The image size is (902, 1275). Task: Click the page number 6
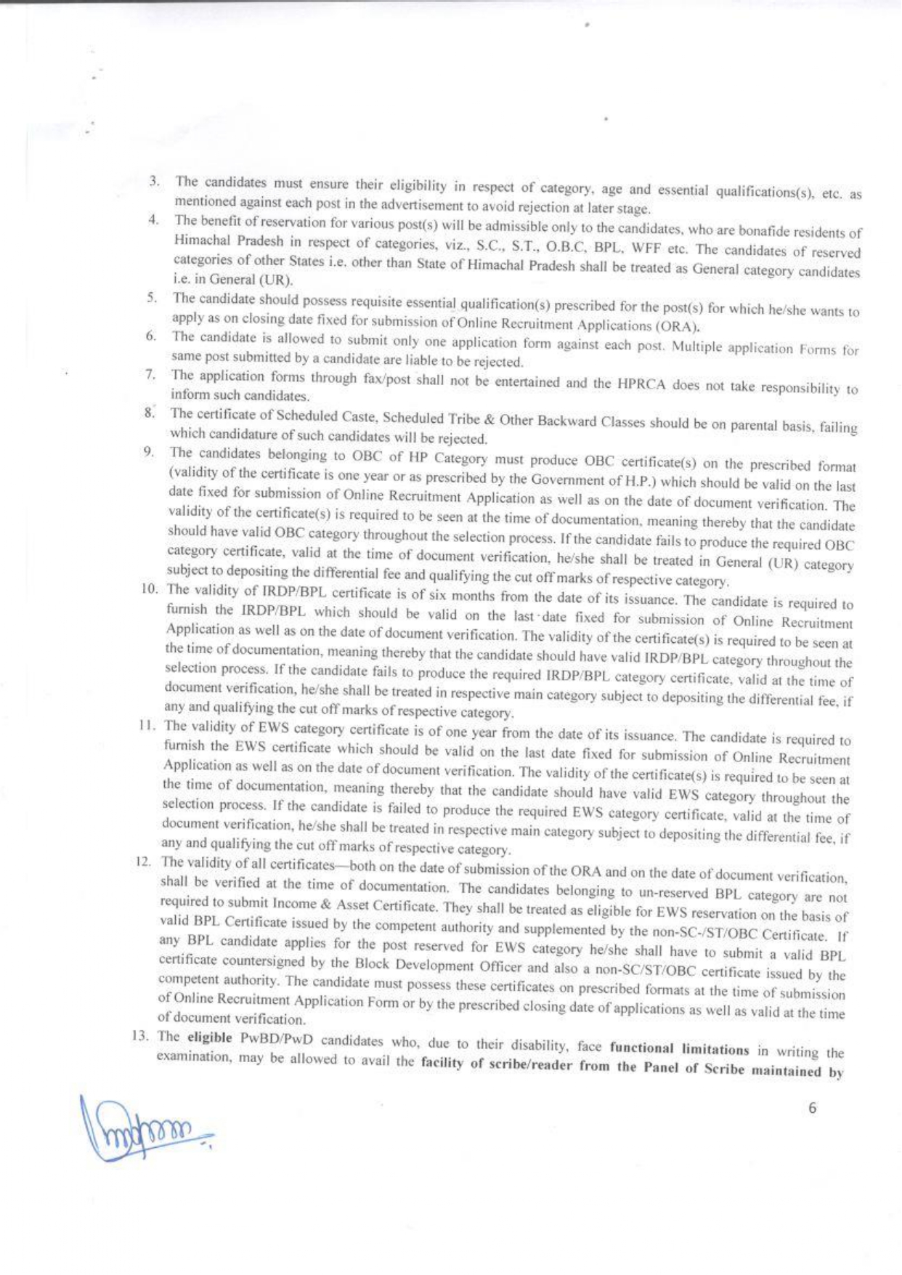tap(812, 1108)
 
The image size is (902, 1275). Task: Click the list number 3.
tap(154, 180)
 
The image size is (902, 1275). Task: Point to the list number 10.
tap(150, 588)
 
